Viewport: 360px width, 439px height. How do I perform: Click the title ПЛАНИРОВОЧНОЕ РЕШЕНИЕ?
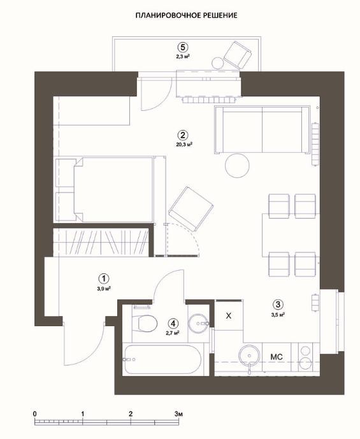[186, 15]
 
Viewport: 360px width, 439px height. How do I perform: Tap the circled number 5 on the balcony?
[183, 47]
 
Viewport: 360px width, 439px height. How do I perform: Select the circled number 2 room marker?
[182, 135]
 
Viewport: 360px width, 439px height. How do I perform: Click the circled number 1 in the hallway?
[104, 278]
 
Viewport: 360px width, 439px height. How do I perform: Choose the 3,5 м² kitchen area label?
[278, 314]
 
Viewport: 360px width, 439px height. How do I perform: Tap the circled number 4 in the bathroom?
[173, 324]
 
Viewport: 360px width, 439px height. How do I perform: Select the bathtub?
[162, 359]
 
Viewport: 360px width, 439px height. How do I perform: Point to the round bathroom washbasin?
[198, 324]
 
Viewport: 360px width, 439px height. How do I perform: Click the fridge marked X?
[229, 315]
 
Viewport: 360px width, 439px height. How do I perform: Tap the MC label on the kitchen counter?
[277, 357]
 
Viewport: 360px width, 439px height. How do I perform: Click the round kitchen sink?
[249, 356]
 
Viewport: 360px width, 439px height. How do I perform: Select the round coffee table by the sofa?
[237, 165]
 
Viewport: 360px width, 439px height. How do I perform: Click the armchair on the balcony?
[238, 55]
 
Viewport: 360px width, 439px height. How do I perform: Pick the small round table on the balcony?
[217, 63]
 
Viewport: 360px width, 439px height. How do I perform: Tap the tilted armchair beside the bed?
[191, 209]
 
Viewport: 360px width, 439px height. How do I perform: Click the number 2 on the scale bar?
[131, 414]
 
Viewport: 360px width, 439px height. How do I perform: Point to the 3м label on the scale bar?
[178, 414]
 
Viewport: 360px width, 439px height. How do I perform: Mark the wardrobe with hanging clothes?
[101, 242]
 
